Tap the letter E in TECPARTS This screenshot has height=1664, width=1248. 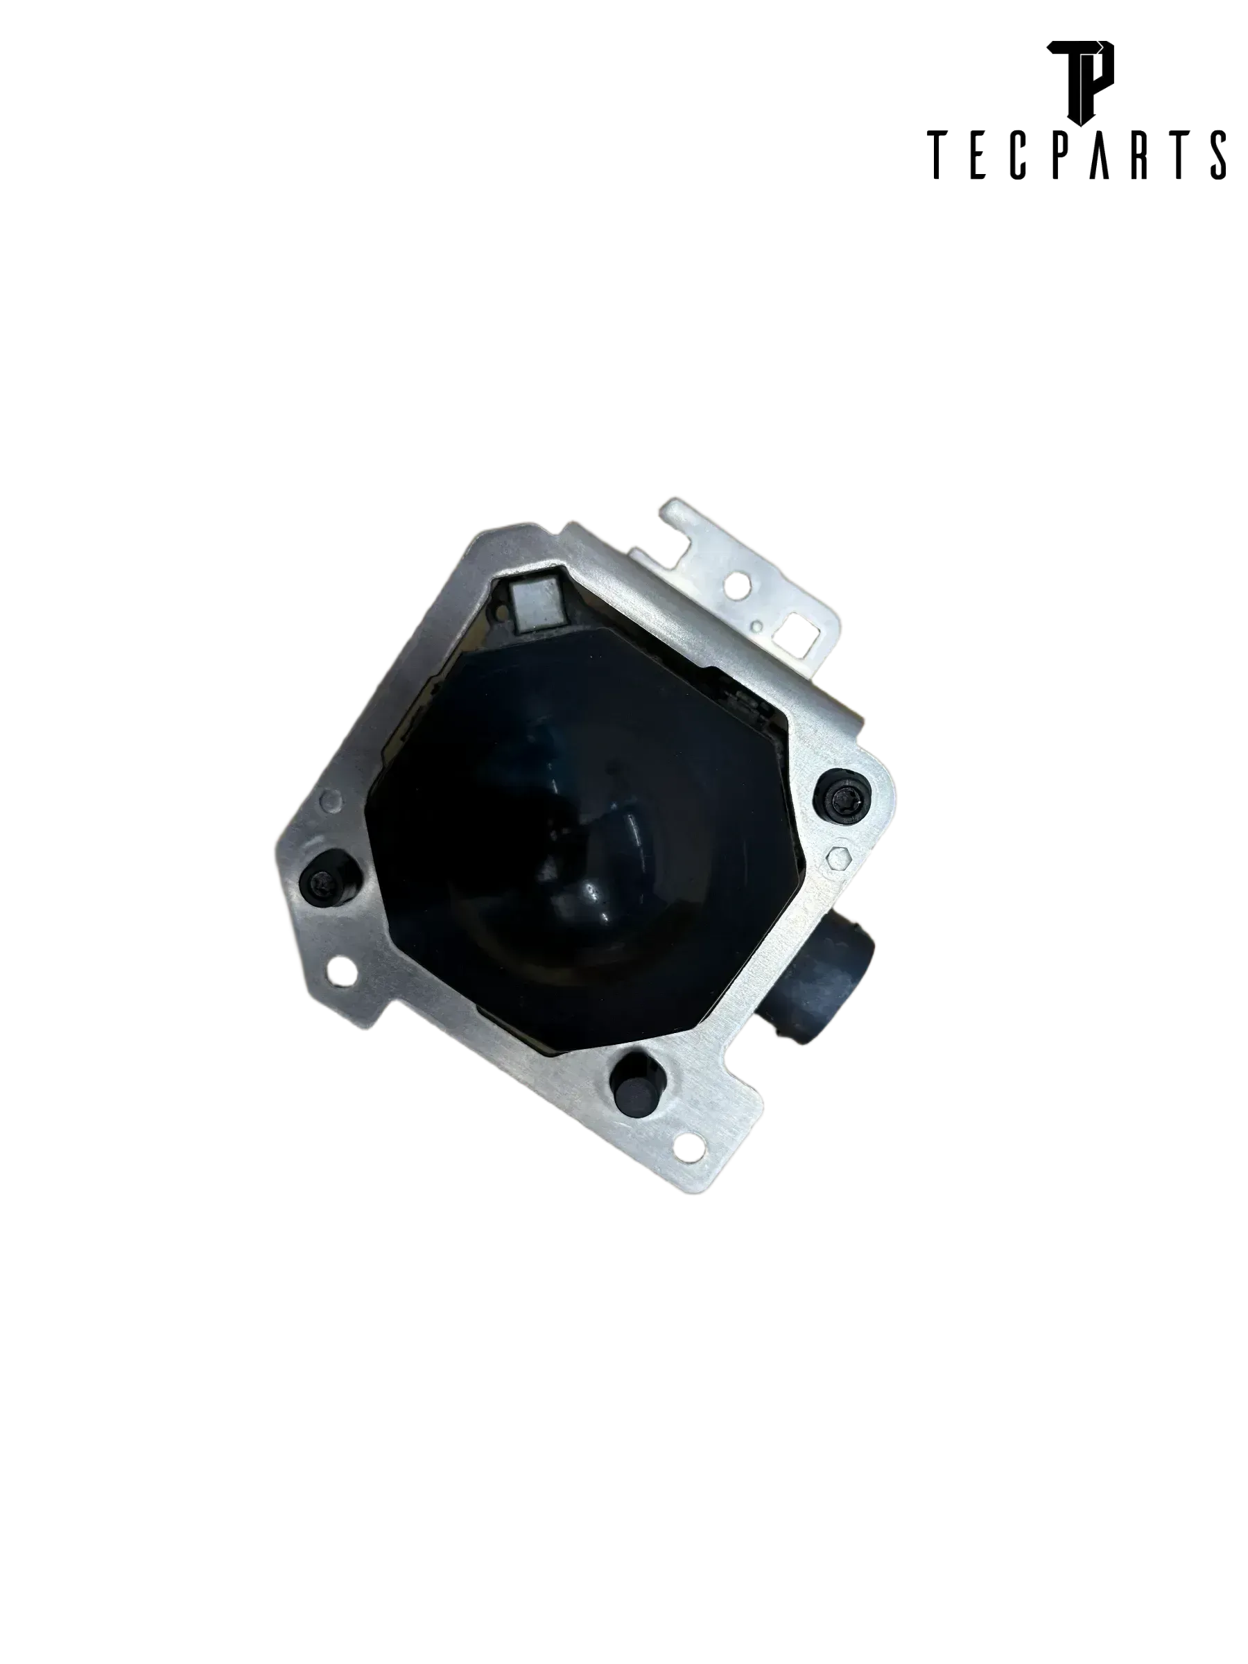pos(976,156)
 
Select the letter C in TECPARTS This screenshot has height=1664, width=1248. pos(1018,156)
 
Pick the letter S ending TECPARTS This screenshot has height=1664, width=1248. pos(1218,156)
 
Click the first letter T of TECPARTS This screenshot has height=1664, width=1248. pos(937,156)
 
